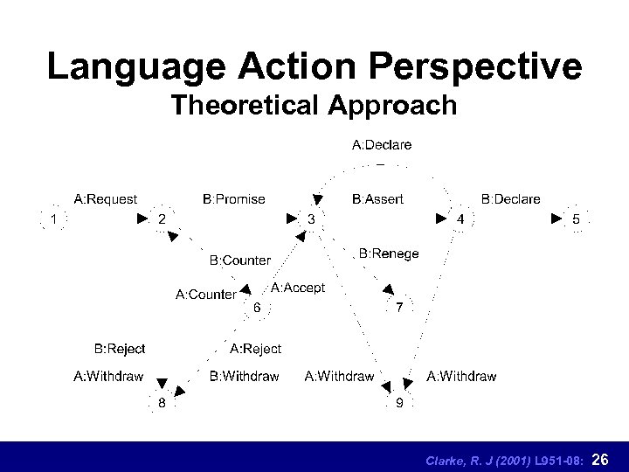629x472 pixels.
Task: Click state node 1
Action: click(x=53, y=219)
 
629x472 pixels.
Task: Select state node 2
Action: click(x=161, y=219)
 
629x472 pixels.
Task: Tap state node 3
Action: click(x=311, y=219)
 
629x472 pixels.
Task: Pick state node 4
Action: click(x=460, y=219)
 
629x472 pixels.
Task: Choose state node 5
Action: click(x=575, y=219)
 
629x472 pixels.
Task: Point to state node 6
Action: click(x=256, y=308)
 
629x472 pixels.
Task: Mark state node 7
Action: click(x=399, y=308)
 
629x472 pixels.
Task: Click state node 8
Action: click(x=162, y=403)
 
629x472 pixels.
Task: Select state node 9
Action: click(x=399, y=403)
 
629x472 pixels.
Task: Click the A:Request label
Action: click(x=105, y=199)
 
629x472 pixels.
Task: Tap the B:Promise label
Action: click(x=233, y=199)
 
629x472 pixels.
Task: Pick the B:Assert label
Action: click(x=377, y=199)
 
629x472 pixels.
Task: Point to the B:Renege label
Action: click(x=389, y=253)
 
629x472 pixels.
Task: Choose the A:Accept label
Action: click(x=297, y=288)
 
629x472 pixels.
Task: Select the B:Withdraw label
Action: click(x=244, y=377)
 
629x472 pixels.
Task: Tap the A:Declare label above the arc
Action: click(x=382, y=144)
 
